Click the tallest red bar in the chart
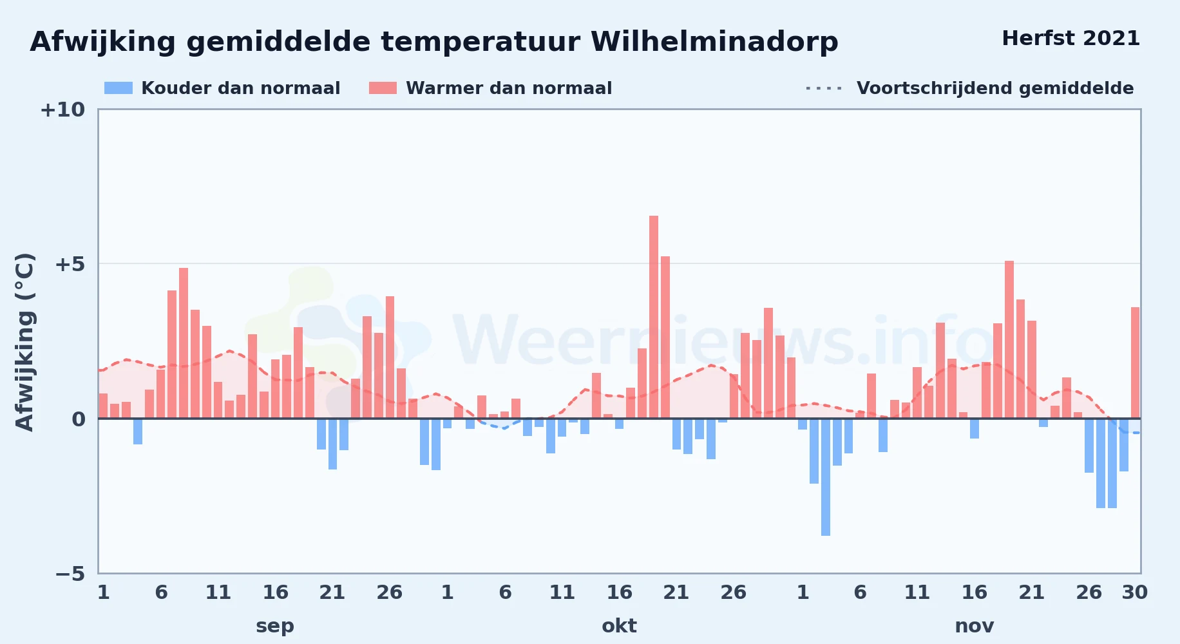click(x=654, y=317)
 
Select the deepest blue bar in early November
click(x=826, y=477)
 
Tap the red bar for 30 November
click(x=1135, y=363)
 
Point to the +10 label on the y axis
click(x=62, y=110)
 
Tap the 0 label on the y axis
click(x=79, y=419)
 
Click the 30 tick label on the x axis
click(x=1135, y=592)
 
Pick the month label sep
click(x=275, y=626)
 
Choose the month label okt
click(x=619, y=626)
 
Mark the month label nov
click(x=974, y=626)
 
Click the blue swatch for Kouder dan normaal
click(x=119, y=88)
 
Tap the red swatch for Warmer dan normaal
click(x=383, y=88)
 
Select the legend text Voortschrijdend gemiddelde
click(x=995, y=88)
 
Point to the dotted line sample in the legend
click(x=824, y=88)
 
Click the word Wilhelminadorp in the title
click(x=714, y=43)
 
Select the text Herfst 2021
click(x=1071, y=39)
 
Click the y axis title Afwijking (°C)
click(x=25, y=341)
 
